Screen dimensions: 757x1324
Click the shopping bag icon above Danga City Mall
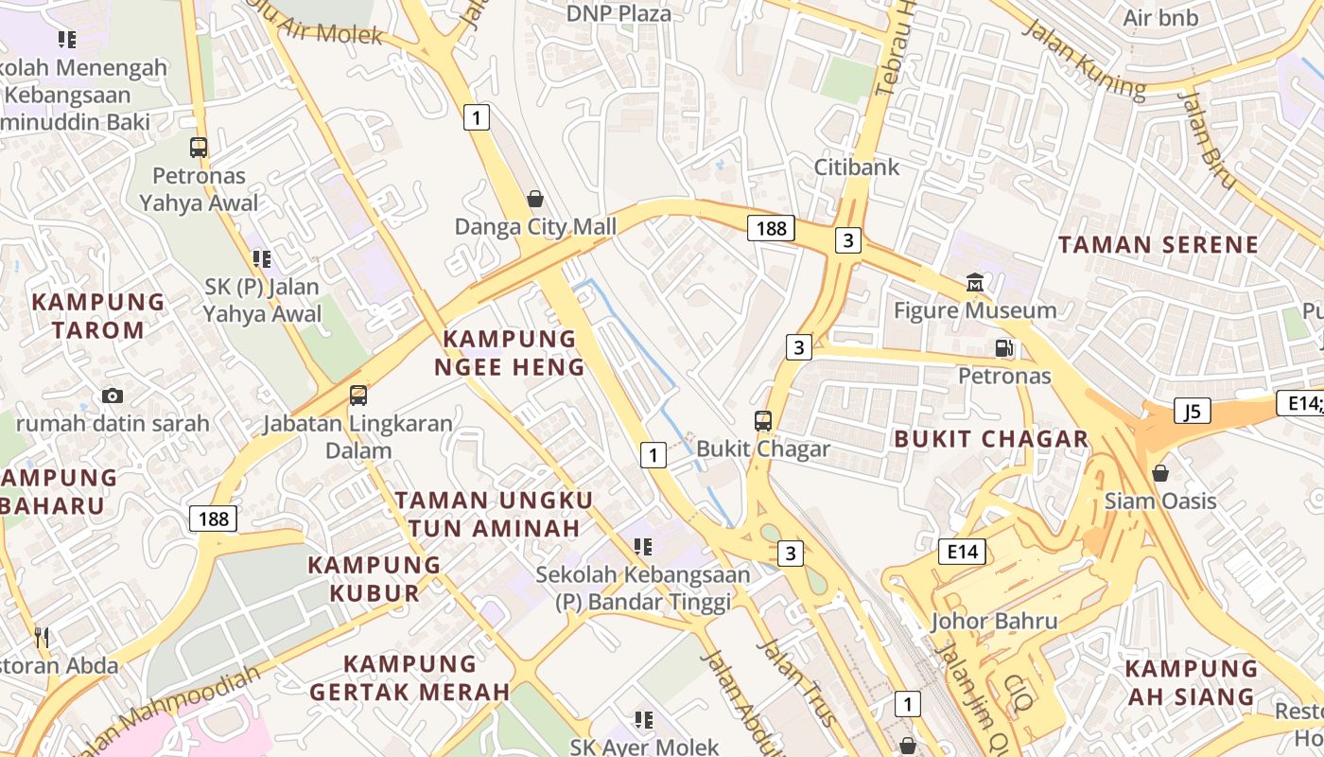point(535,199)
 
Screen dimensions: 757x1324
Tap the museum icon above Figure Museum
point(974,282)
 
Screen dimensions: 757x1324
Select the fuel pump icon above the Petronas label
point(1003,348)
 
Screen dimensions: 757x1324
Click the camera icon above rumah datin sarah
point(113,396)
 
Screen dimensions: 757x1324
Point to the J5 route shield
point(1192,412)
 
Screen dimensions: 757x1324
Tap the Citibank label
point(857,167)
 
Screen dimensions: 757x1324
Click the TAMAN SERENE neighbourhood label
point(1158,244)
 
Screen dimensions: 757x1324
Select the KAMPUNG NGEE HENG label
point(510,353)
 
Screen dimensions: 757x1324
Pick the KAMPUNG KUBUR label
point(375,578)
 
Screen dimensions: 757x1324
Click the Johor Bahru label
point(994,621)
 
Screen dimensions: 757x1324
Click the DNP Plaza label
point(618,13)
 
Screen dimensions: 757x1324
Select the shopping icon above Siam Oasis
point(1160,472)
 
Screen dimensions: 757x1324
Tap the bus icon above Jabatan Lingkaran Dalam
point(357,396)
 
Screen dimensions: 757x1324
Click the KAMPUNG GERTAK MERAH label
point(410,678)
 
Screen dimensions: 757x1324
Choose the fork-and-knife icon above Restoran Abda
point(41,636)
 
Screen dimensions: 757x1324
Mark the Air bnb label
point(1160,18)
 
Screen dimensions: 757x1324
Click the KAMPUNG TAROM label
point(98,316)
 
